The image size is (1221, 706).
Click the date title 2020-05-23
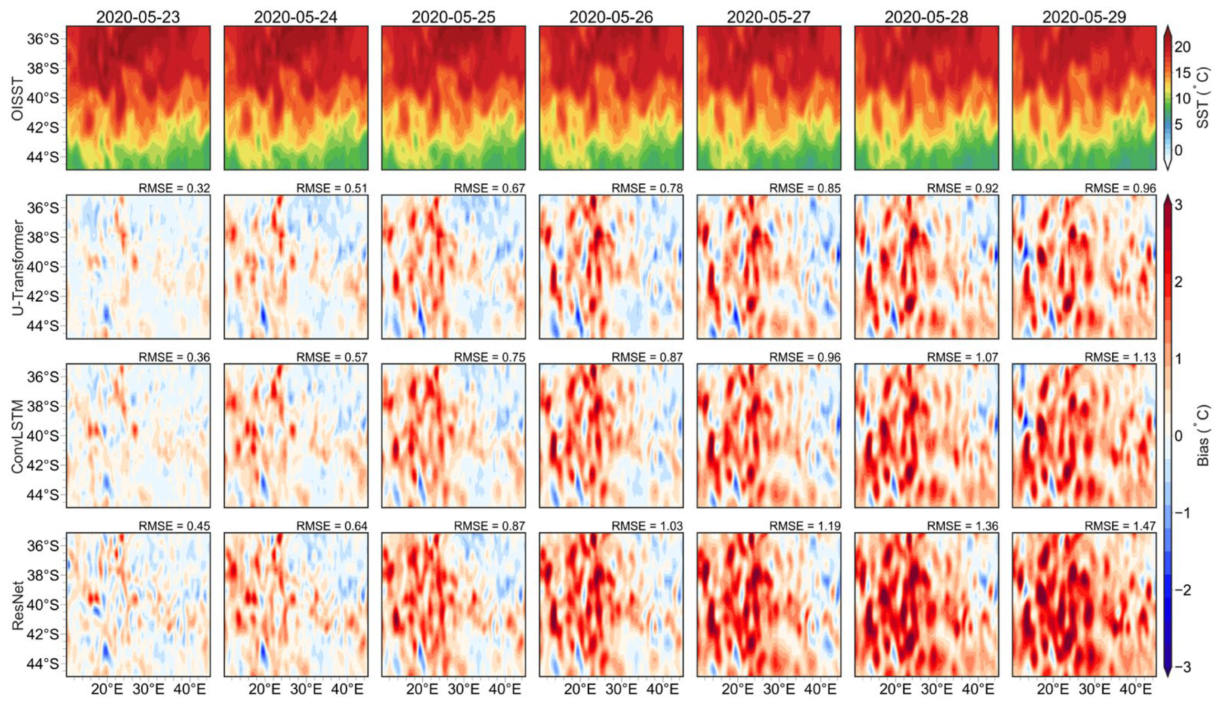coord(138,17)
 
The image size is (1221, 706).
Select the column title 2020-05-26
coord(611,17)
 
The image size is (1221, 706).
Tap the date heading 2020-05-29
coord(1084,17)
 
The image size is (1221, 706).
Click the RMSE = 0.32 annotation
coord(175,188)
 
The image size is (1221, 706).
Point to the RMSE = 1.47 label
coord(1120,526)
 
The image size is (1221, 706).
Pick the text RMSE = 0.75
coord(490,358)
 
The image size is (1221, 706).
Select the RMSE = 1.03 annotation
coord(647,526)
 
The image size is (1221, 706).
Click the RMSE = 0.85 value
coord(805,188)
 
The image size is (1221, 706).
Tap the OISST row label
coord(18,98)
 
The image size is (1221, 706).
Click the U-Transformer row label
coord(18,267)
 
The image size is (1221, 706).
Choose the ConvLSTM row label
coord(18,436)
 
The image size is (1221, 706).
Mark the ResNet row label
coord(18,606)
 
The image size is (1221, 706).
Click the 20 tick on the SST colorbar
coord(1183,47)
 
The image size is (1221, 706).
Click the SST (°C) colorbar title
coord(1204,98)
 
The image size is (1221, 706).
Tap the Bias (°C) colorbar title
coord(1204,436)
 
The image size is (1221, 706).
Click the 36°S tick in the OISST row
coord(42,39)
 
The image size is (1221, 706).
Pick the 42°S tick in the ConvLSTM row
coord(42,465)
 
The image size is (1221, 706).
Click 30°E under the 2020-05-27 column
coord(779,688)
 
